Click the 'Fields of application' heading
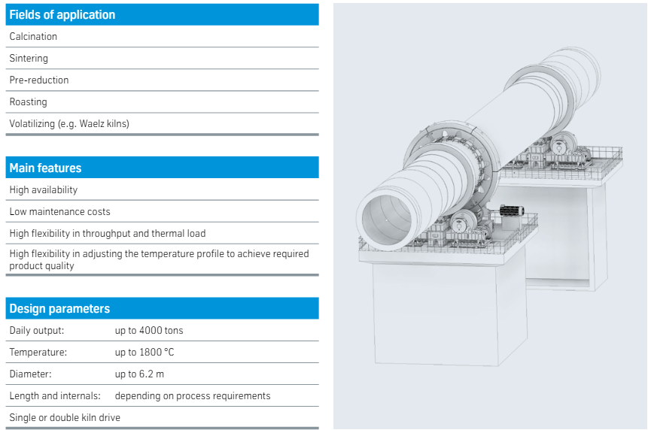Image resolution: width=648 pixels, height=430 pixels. [62, 15]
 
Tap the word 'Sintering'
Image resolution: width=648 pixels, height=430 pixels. [29, 58]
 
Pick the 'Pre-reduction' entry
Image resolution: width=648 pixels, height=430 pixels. [39, 80]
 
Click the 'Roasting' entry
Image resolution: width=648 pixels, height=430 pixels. [28, 102]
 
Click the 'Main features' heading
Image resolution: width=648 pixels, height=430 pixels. [45, 168]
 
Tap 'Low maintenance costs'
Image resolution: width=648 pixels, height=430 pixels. [60, 212]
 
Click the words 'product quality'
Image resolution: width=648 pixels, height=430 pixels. [41, 266]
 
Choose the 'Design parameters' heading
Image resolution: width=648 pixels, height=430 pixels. [59, 309]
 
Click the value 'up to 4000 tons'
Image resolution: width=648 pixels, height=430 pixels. [149, 330]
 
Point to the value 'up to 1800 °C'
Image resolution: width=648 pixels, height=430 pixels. [145, 352]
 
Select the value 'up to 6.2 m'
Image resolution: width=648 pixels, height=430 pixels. [139, 374]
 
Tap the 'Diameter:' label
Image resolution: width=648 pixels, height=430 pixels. [31, 374]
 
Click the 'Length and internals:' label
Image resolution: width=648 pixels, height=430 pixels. [55, 395]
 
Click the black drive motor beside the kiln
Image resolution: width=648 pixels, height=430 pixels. [512, 211]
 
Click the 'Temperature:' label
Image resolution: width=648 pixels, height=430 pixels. [38, 352]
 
